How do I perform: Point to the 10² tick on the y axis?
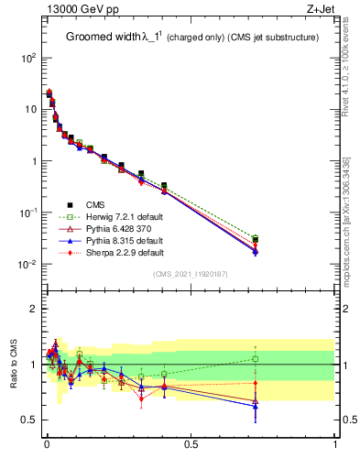(27, 57)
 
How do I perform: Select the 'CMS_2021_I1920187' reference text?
(190, 274)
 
